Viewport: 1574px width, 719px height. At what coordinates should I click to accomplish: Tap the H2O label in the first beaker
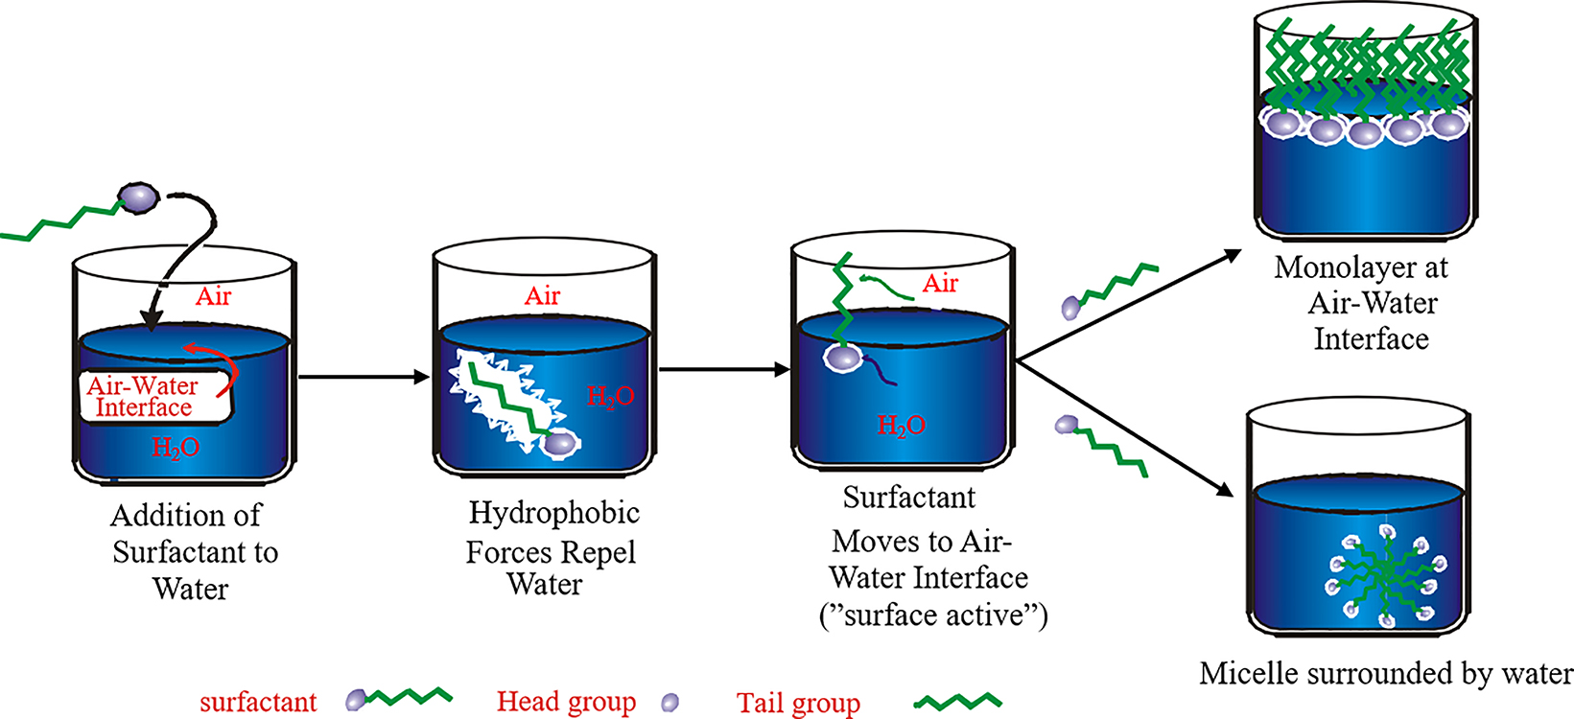tap(176, 448)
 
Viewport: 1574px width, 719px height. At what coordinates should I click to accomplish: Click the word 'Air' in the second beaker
tap(542, 296)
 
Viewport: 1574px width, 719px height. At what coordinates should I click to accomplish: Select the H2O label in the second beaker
tap(610, 397)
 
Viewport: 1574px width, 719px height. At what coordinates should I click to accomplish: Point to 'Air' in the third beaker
tap(940, 284)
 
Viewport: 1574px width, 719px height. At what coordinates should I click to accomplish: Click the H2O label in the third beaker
tap(901, 426)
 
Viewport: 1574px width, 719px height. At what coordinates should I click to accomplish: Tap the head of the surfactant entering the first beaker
tap(138, 197)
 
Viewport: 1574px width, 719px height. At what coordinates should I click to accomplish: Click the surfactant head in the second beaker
tap(562, 443)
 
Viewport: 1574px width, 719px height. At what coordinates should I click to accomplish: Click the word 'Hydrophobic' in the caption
tap(553, 514)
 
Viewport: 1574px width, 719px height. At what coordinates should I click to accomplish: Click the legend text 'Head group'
tap(566, 702)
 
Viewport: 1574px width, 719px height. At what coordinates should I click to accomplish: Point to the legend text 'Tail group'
tap(798, 704)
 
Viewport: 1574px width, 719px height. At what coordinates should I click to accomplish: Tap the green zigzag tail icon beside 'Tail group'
tap(957, 703)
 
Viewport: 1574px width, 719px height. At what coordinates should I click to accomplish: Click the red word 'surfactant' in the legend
tap(258, 702)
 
